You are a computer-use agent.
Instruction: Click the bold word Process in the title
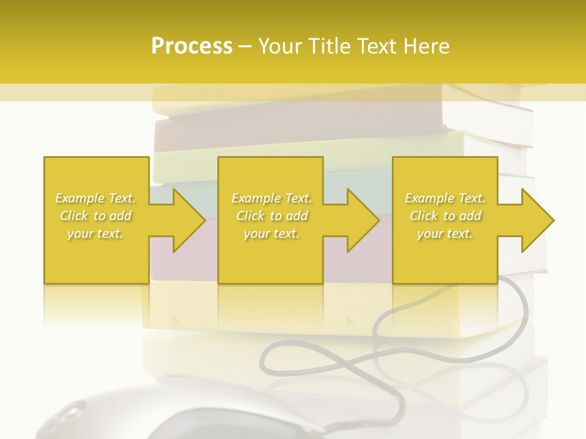[x=192, y=46]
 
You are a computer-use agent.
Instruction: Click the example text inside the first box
[x=96, y=216]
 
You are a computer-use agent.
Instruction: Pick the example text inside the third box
[x=445, y=216]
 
